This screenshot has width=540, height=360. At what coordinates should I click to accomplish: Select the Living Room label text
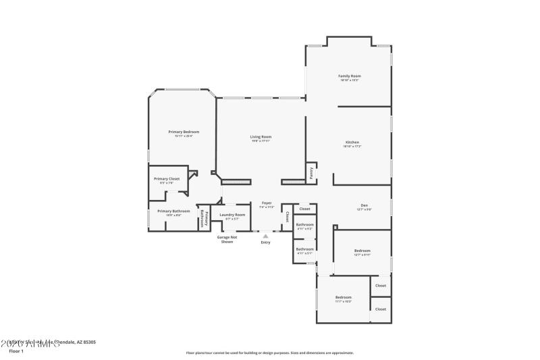click(261, 137)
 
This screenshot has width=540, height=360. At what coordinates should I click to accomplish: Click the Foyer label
click(267, 203)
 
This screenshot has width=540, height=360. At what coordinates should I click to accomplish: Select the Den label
click(364, 207)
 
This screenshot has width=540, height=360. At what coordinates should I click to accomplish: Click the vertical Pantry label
click(311, 173)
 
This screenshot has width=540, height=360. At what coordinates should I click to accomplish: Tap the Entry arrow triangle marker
click(265, 236)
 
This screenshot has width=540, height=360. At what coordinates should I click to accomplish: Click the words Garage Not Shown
click(227, 239)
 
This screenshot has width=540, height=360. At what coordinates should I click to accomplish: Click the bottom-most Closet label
click(381, 309)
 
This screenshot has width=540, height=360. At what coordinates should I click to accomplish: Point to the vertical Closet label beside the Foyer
click(288, 217)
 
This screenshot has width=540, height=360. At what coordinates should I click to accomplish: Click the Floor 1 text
click(16, 351)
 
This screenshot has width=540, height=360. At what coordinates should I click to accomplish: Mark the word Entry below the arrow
click(265, 242)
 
